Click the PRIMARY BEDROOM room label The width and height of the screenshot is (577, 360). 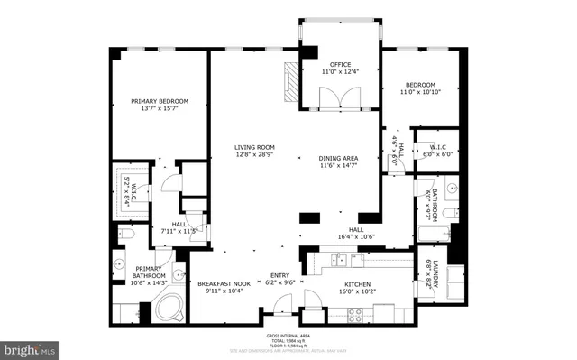160,101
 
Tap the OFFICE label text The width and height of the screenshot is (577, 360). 339,65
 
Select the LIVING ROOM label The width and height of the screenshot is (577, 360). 254,147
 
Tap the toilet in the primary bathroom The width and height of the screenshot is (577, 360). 125,235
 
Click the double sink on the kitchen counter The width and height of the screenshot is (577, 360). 340,260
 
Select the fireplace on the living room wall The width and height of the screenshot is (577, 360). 289,82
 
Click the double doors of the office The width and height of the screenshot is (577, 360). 339,97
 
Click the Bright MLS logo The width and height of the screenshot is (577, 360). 30,347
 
